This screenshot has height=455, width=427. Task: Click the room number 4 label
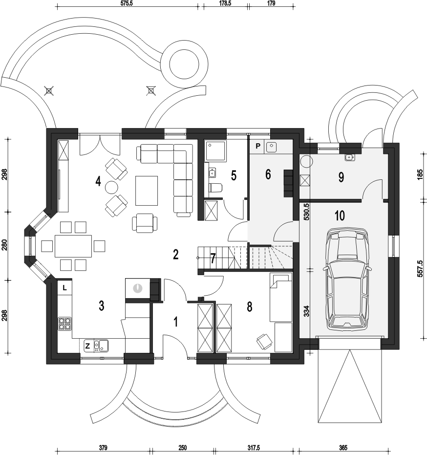click(x=98, y=181)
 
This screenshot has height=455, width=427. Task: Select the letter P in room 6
click(x=257, y=146)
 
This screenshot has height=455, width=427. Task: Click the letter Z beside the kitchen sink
click(x=87, y=346)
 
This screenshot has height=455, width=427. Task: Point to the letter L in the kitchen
click(x=64, y=288)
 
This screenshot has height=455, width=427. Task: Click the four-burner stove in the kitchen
click(x=65, y=324)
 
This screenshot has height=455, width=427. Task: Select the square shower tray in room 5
click(x=216, y=151)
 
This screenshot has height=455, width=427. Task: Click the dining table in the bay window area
click(x=73, y=246)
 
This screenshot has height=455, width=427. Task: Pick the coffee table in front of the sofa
click(x=147, y=191)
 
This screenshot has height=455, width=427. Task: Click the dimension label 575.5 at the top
click(x=127, y=3)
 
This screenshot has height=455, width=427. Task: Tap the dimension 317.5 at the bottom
click(x=254, y=448)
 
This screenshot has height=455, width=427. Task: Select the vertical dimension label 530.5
click(x=307, y=212)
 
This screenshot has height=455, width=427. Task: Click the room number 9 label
click(x=341, y=177)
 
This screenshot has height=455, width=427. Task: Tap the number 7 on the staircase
click(x=213, y=259)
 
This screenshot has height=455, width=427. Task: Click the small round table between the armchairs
click(x=111, y=188)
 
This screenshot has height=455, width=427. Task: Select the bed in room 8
click(x=281, y=297)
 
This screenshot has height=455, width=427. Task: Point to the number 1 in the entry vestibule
click(x=175, y=322)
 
